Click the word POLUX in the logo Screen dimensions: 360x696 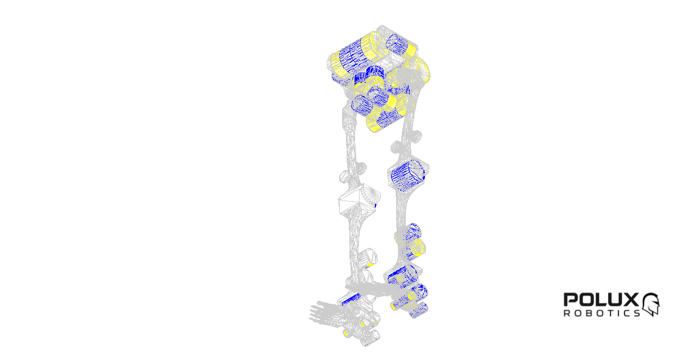601,299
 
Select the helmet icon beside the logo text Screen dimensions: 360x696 651,304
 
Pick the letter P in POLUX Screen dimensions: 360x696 570,299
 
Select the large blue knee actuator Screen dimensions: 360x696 408,175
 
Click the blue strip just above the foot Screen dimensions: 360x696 352,299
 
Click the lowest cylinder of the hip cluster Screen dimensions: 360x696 385,119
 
